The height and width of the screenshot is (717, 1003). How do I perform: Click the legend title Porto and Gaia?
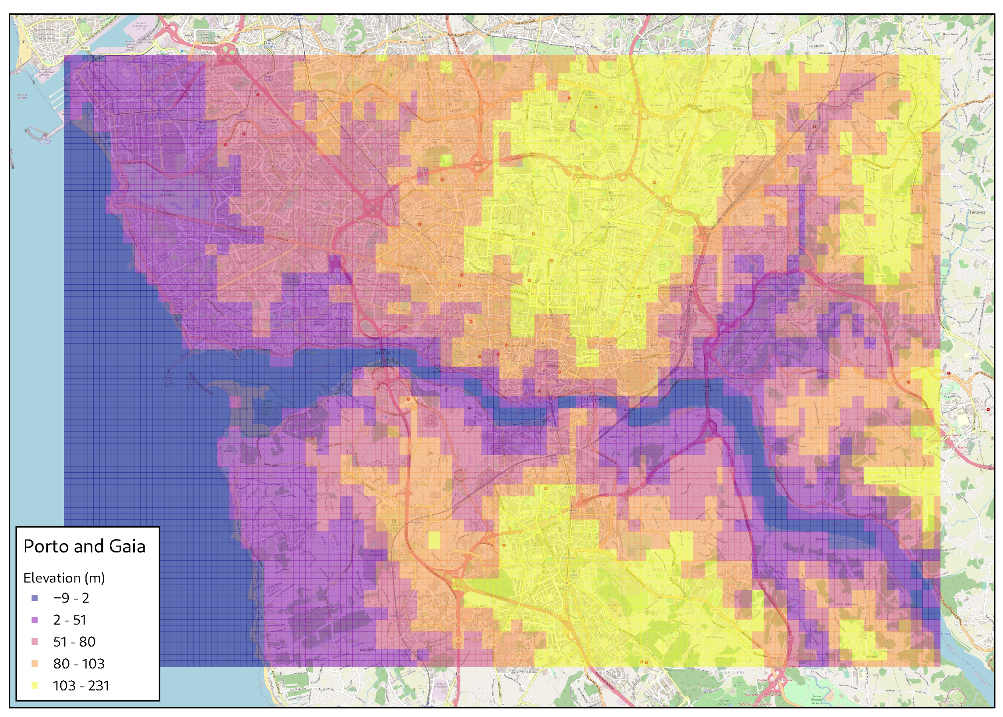click(84, 547)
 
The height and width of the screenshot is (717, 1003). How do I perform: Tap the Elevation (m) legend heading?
click(64, 578)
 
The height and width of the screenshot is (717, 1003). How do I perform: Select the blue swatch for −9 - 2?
click(34, 598)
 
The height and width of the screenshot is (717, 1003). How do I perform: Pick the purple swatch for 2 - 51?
click(34, 620)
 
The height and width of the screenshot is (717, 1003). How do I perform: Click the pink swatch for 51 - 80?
click(34, 642)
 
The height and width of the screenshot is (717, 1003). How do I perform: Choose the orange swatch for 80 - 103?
click(34, 664)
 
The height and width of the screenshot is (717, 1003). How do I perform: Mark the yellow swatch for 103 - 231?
click(34, 685)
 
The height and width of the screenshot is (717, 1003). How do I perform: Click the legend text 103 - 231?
click(81, 685)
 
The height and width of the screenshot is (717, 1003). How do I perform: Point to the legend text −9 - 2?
click(71, 598)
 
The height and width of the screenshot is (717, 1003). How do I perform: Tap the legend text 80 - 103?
click(79, 664)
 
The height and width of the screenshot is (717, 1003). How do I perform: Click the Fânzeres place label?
click(977, 212)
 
